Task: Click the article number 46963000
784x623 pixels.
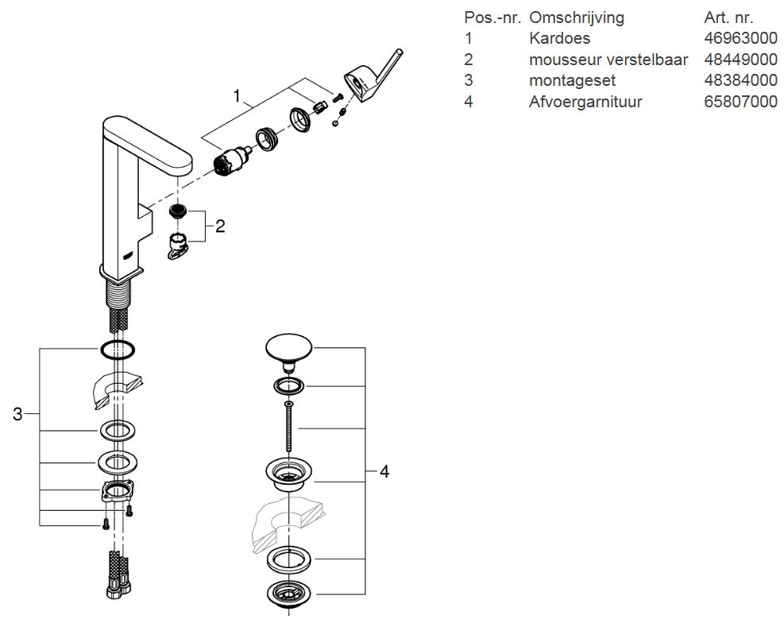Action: (x=740, y=38)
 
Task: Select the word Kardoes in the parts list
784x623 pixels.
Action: (x=559, y=38)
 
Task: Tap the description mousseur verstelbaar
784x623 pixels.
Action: (x=608, y=60)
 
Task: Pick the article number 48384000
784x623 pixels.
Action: (x=740, y=80)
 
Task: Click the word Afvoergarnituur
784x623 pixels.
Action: (x=585, y=102)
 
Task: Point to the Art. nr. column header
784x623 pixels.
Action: (x=728, y=17)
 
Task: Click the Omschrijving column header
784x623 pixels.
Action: (x=577, y=17)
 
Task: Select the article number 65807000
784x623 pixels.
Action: (x=740, y=102)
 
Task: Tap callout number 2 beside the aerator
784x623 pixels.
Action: (x=220, y=226)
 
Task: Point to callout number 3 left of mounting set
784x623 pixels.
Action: (x=17, y=413)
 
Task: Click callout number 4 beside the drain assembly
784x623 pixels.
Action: (x=384, y=471)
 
